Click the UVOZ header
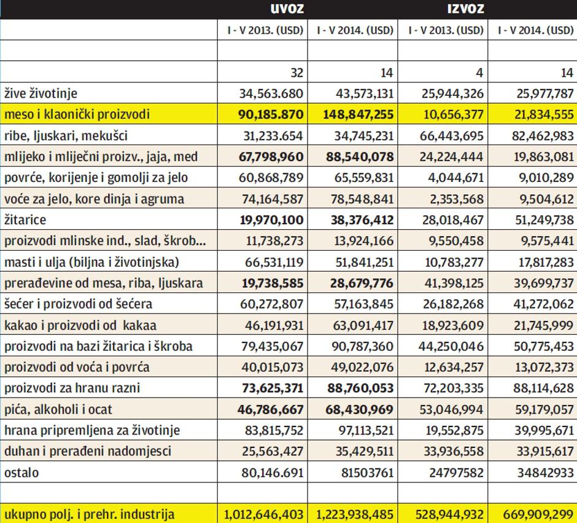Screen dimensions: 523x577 [287, 9]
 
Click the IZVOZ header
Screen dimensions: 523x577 [466, 9]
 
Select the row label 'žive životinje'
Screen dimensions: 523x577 [41, 93]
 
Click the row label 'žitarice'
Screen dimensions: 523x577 [25, 219]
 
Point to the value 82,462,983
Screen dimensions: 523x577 [537, 136]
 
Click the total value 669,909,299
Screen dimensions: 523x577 [533, 514]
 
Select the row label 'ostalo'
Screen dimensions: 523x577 [21, 472]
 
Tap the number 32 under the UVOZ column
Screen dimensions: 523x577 [297, 73]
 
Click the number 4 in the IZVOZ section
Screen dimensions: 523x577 [479, 73]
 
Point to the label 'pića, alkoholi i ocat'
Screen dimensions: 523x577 [58, 409]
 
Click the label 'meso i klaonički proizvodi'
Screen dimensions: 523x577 [77, 114]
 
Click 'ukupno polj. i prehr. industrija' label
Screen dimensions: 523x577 [89, 514]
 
